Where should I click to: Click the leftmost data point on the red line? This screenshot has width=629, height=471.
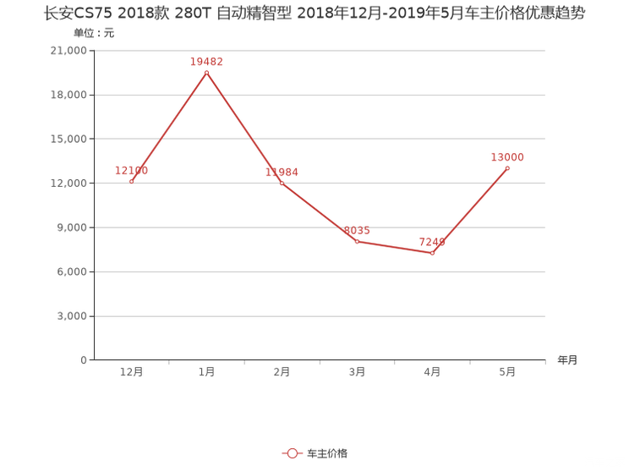pyautogui.click(x=131, y=182)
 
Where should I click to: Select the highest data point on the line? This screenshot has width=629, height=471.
pyautogui.click(x=206, y=73)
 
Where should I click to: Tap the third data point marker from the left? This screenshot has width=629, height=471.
pyautogui.click(x=282, y=182)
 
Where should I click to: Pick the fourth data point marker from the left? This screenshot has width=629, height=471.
pyautogui.click(x=357, y=241)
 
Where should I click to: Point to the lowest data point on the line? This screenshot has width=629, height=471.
pyautogui.click(x=432, y=253)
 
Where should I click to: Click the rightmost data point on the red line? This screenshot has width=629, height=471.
pyautogui.click(x=507, y=169)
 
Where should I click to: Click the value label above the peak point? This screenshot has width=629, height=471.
pyautogui.click(x=206, y=61)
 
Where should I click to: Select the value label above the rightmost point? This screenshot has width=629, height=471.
pyautogui.click(x=507, y=156)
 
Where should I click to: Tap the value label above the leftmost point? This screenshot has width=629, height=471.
pyautogui.click(x=132, y=171)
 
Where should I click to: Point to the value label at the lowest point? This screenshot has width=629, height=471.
pyautogui.click(x=432, y=241)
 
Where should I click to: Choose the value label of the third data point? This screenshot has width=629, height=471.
pyautogui.click(x=282, y=172)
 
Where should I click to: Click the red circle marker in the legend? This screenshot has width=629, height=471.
pyautogui.click(x=292, y=453)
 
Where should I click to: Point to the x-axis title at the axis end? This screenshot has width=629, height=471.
pyautogui.click(x=567, y=360)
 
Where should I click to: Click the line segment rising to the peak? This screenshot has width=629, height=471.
pyautogui.click(x=169, y=127)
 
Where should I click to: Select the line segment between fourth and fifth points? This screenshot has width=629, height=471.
pyautogui.click(x=395, y=247)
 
